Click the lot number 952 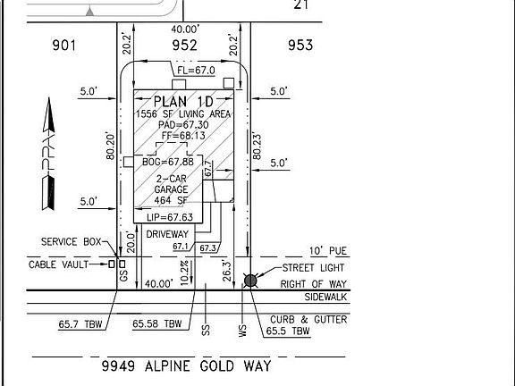(184, 46)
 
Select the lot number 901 (64, 46)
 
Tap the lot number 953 (300, 46)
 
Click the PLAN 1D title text (183, 102)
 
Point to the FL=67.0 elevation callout (196, 71)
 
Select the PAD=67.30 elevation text (183, 125)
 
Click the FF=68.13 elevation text (183, 136)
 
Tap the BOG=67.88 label (168, 162)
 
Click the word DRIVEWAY (167, 234)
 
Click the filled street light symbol (250, 281)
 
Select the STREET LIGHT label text (313, 268)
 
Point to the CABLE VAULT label (58, 264)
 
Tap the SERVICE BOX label (71, 242)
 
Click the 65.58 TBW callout (157, 324)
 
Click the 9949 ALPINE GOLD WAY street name (187, 366)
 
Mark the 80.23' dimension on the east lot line (257, 147)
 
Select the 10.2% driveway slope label (184, 273)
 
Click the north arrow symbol (48, 154)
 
